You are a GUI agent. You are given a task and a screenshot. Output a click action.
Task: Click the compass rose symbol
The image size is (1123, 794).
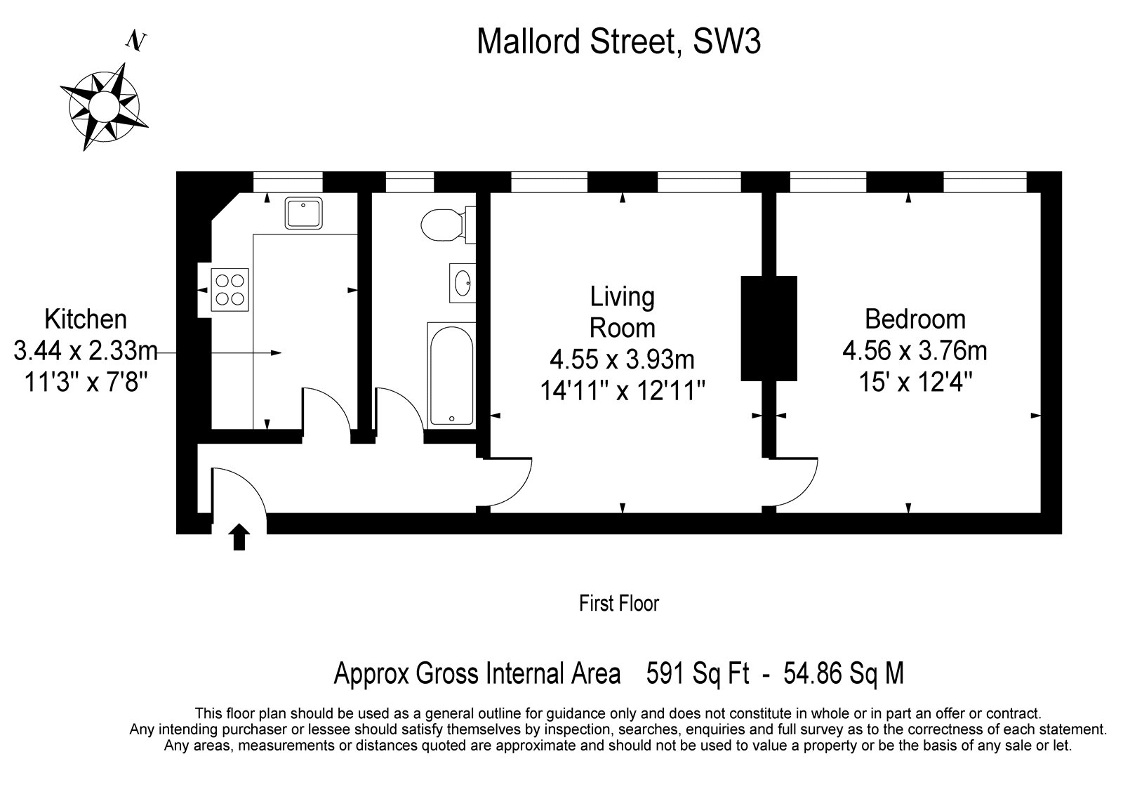[x=104, y=106]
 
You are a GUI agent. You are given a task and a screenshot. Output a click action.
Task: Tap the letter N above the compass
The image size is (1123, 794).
[x=136, y=41]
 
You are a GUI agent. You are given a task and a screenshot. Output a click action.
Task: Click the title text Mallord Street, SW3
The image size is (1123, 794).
[x=618, y=41]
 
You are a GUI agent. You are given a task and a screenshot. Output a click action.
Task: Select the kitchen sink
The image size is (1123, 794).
[x=303, y=213]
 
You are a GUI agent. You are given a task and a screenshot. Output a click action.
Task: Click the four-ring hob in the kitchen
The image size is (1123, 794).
[x=230, y=290]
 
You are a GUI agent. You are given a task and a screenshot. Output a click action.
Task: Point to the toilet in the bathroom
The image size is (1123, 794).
[x=448, y=225]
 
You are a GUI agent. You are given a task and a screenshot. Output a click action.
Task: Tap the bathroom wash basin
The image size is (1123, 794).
[x=463, y=284]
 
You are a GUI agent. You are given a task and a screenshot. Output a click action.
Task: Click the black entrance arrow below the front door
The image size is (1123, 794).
[x=239, y=536]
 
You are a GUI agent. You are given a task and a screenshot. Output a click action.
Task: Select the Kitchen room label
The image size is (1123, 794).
[x=86, y=319]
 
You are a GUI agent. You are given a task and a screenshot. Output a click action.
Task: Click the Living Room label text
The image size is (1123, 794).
[x=622, y=312]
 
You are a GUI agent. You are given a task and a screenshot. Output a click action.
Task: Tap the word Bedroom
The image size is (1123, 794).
[x=915, y=319]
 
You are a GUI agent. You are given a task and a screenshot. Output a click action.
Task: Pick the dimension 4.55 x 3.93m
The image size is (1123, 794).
[x=622, y=359]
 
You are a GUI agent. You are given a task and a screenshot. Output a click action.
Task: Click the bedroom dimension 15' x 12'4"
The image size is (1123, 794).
[x=915, y=382]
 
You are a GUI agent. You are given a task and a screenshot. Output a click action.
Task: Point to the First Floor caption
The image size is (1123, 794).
[x=618, y=604]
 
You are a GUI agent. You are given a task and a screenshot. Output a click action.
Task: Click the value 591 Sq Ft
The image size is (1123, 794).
[x=698, y=673]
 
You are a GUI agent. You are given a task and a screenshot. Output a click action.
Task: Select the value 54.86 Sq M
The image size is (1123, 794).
[x=844, y=673]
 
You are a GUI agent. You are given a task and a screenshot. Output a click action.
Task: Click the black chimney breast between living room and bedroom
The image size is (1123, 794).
[x=769, y=328]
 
